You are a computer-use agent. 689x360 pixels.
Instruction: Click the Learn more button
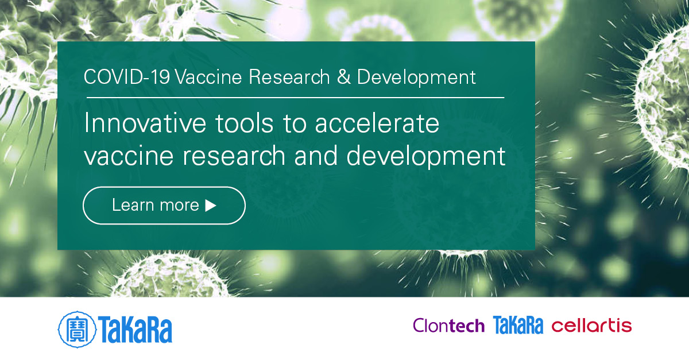coord(164,205)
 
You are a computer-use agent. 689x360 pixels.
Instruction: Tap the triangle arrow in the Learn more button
coord(211,205)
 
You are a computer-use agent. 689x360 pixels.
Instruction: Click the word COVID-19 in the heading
coord(126,78)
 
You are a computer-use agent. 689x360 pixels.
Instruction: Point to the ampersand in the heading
coord(343,78)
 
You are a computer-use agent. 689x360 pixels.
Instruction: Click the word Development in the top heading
coord(416,78)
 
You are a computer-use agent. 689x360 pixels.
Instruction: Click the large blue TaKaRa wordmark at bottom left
coord(135,329)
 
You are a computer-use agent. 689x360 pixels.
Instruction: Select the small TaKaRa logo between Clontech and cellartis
coord(517,326)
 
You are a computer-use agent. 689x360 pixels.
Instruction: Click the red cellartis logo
coord(591,326)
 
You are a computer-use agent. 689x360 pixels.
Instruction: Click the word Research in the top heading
coord(289,78)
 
